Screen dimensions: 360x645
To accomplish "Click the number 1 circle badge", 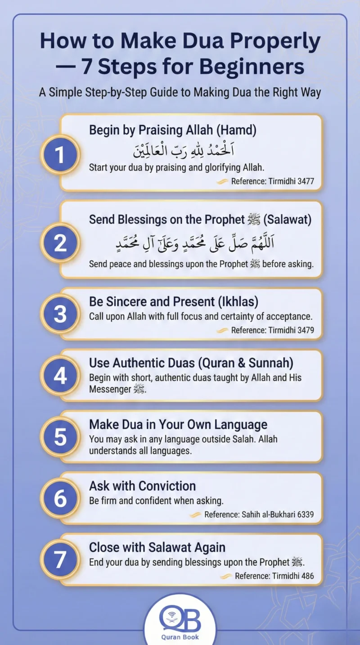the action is coord(60,155).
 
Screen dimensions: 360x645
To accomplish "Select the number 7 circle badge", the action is coord(60,559).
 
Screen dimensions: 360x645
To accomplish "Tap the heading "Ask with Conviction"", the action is coord(142,486).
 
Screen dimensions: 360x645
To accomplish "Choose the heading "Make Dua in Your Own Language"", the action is coord(178,424).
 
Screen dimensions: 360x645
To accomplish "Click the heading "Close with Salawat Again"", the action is coord(157,547).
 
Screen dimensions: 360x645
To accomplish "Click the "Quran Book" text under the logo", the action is coord(180,637).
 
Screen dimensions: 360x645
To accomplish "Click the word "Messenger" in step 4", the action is coord(110,389).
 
